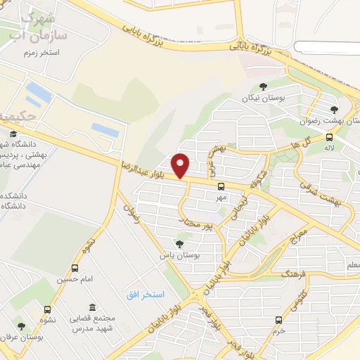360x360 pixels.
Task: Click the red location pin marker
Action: pos(181,165)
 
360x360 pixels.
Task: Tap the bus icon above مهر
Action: pos(221,186)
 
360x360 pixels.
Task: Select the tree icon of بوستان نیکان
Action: pos(263,86)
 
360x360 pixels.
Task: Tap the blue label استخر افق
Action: pos(145,295)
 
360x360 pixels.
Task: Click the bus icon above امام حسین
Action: pos(75,268)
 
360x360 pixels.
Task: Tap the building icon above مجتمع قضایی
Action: pos(92,307)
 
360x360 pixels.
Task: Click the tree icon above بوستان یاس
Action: pos(179,243)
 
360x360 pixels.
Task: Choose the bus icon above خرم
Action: pos(280,318)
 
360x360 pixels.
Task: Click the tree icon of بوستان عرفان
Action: pos(21,326)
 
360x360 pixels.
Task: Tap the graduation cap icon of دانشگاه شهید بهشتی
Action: pos(13,134)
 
